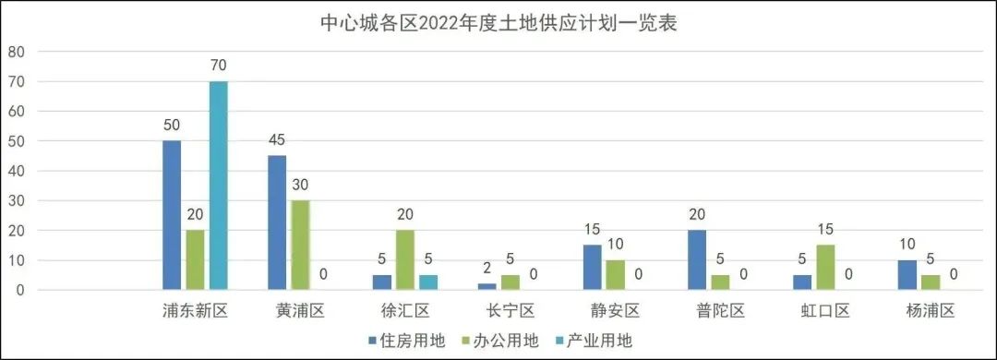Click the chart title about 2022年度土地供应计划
click(498, 23)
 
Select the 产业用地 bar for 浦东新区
click(218, 186)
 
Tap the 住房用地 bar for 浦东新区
click(172, 215)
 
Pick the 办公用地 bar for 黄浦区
click(300, 245)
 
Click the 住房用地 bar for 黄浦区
click(277, 222)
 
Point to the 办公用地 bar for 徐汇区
click(405, 259)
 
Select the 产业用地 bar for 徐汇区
click(428, 282)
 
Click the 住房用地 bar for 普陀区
click(698, 259)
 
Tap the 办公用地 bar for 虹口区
click(826, 268)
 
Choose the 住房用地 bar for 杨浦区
click(908, 275)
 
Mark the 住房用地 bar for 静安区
click(593, 268)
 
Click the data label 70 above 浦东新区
click(218, 66)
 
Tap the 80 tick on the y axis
click(17, 52)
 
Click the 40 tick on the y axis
click(17, 171)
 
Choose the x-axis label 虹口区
click(826, 310)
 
